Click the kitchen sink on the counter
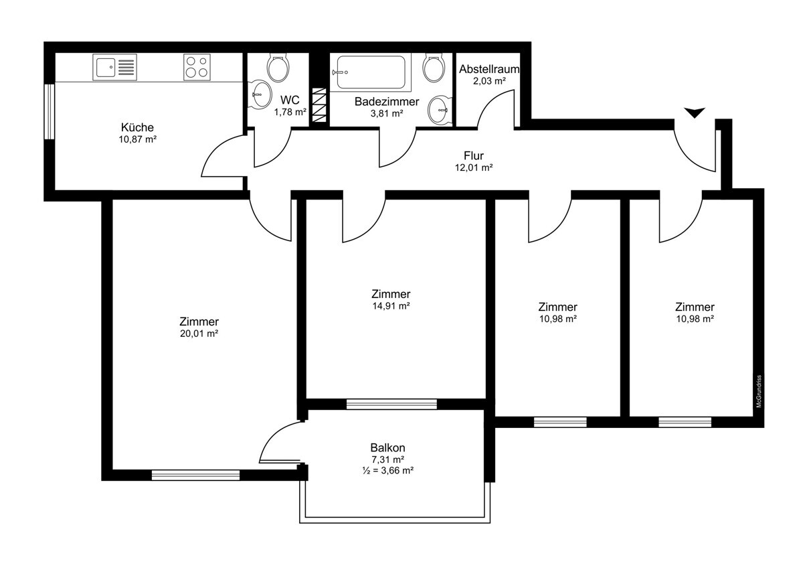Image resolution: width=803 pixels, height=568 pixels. (114, 67)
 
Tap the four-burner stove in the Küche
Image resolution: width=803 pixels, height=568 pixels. (197, 67)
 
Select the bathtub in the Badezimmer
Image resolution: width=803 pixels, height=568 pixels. (371, 72)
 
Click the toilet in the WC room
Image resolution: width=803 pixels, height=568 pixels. (278, 68)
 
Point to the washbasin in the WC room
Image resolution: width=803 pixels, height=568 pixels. (260, 94)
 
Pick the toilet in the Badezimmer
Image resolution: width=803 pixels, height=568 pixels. (434, 68)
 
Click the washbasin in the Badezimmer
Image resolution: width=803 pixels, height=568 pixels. (440, 110)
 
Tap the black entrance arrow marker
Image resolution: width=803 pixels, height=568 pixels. (695, 113)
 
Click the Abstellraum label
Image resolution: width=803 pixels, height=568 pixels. (489, 69)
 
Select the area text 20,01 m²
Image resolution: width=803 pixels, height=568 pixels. (199, 334)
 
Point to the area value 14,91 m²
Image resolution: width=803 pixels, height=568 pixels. (391, 305)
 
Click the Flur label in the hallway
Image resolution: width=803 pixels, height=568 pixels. (474, 155)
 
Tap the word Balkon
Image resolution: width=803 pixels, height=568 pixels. (387, 447)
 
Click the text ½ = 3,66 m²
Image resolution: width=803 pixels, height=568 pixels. (388, 470)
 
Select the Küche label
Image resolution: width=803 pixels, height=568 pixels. (137, 127)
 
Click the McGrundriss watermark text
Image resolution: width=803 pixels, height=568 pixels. (759, 391)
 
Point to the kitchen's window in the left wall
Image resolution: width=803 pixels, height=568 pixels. (50, 112)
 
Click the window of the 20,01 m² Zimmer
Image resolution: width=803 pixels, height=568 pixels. (195, 475)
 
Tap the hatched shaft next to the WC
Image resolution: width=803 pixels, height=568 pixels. (319, 105)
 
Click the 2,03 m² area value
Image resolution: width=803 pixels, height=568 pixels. (489, 81)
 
